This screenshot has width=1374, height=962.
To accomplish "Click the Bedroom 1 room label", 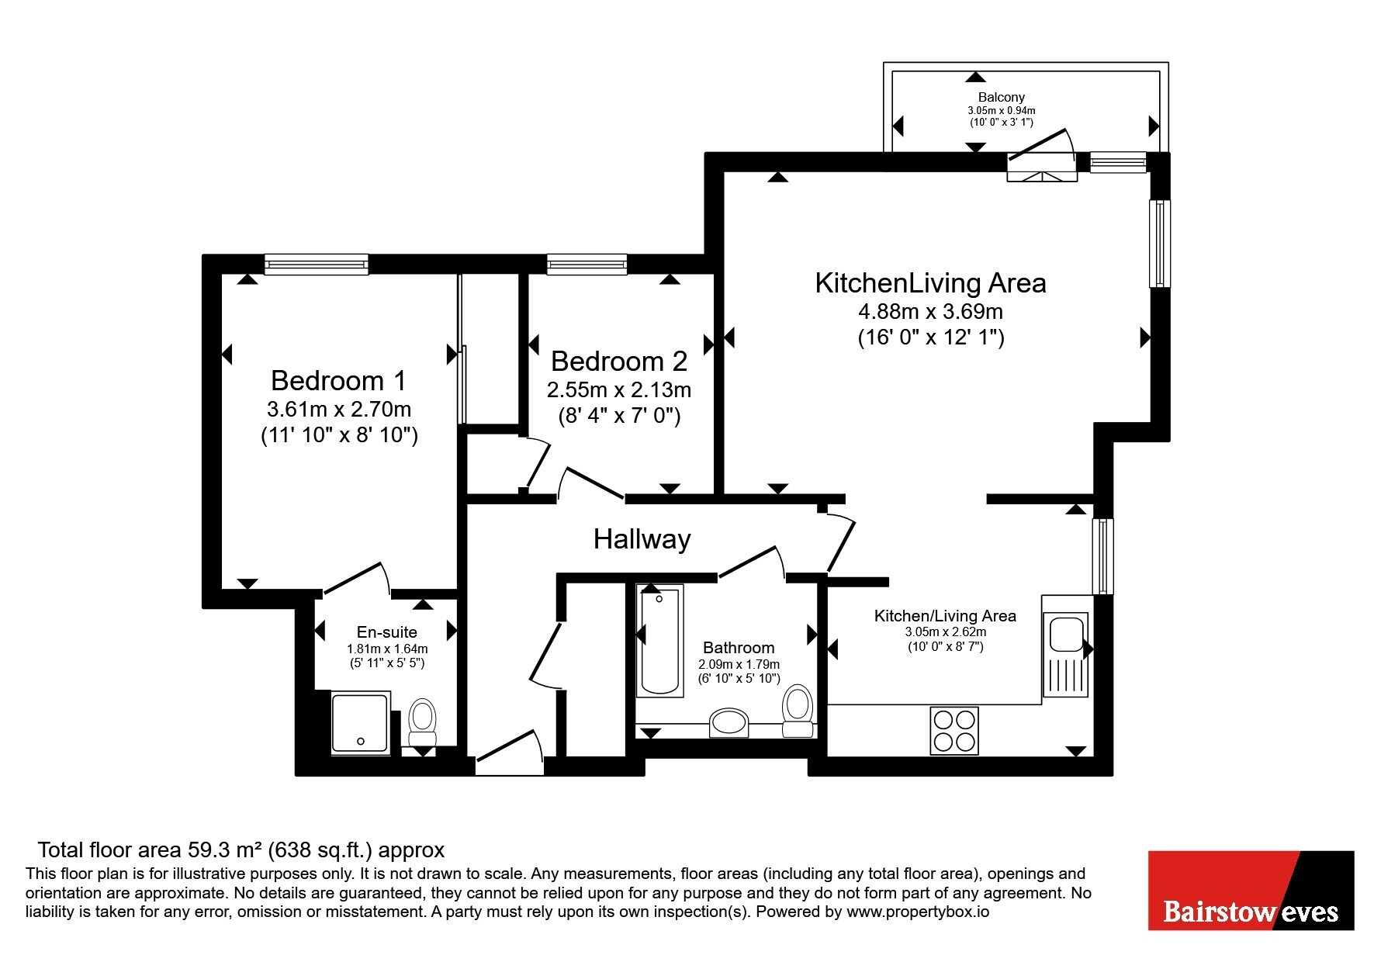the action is [338, 380].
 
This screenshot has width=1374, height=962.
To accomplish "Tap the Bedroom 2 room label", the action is [619, 361].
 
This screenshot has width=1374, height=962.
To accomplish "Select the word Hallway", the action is [642, 538].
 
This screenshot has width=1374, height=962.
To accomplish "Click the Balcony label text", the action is [1001, 97].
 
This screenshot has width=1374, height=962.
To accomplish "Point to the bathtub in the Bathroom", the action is [660, 641].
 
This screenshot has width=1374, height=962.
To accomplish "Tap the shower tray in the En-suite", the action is [360, 723].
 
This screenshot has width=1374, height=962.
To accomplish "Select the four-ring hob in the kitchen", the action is [954, 730].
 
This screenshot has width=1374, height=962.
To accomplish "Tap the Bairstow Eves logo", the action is [1251, 891].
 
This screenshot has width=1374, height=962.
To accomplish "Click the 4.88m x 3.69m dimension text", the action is [930, 312].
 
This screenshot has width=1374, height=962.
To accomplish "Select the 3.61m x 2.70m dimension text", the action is [338, 409].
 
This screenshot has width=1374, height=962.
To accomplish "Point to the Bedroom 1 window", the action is [316, 265].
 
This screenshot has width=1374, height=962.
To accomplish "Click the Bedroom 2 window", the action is [587, 265].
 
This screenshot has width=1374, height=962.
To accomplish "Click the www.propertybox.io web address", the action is [918, 912].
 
